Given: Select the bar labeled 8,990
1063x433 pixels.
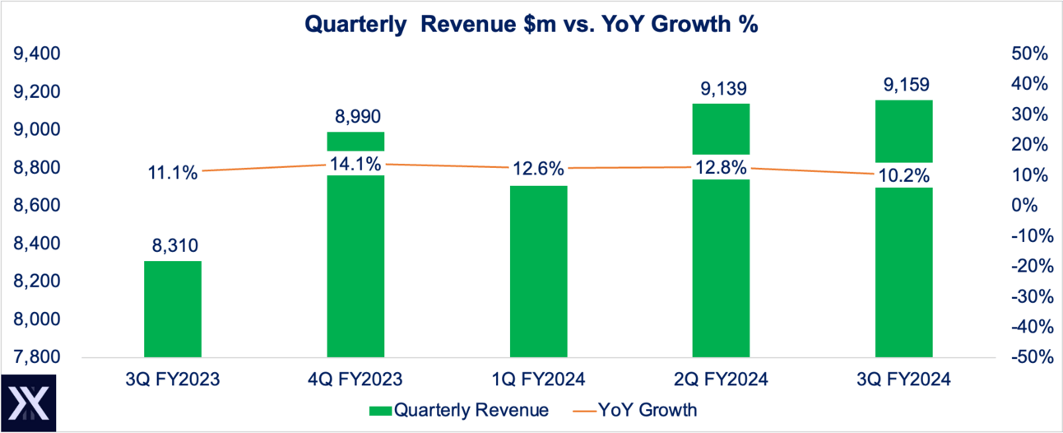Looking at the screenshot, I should pyautogui.click(x=355, y=263).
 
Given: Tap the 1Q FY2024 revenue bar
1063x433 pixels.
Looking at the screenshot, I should pyautogui.click(x=538, y=272).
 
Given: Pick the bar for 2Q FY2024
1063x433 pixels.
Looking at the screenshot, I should pyautogui.click(x=721, y=263).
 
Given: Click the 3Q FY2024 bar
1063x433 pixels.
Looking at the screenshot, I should pyautogui.click(x=903, y=272).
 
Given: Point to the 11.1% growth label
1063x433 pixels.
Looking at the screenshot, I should pyautogui.click(x=173, y=173).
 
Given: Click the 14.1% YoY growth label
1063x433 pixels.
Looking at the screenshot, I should pyautogui.click(x=355, y=163).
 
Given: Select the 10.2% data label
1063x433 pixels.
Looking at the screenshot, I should pyautogui.click(x=903, y=175).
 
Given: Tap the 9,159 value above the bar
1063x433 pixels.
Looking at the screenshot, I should pyautogui.click(x=903, y=85).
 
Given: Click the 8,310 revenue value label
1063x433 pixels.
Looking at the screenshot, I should pyautogui.click(x=173, y=245).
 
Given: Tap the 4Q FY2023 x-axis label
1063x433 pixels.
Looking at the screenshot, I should pyautogui.click(x=355, y=379).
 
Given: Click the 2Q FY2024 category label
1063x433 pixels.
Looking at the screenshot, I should pyautogui.click(x=721, y=379).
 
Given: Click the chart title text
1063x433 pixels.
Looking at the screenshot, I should pyautogui.click(x=531, y=25).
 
